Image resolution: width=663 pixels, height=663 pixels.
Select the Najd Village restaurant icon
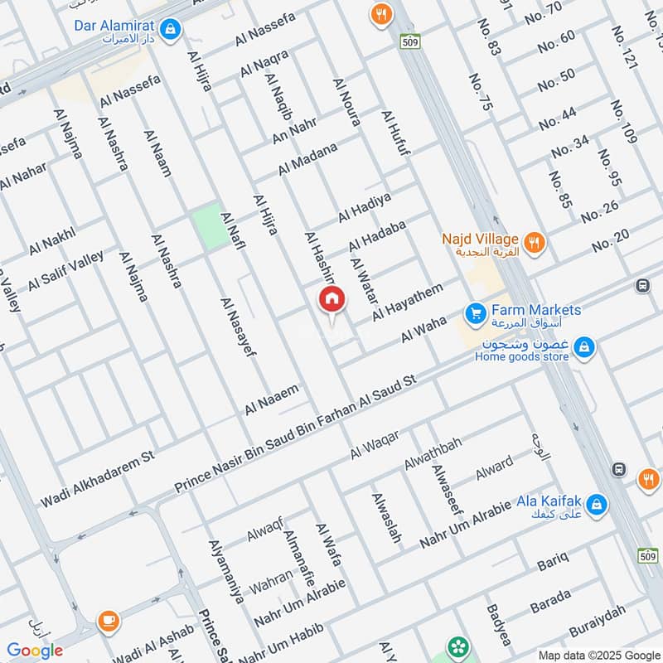tap(535, 243)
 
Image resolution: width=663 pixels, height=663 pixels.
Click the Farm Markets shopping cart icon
tap(475, 313)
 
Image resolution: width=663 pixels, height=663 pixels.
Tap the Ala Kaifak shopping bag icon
tap(598, 503)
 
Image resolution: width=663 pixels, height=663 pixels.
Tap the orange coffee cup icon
tap(108, 620)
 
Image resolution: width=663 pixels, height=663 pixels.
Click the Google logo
tap(35, 651)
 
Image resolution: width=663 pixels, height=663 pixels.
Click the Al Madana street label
tap(307, 158)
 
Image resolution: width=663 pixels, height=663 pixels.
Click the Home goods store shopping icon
tap(584, 346)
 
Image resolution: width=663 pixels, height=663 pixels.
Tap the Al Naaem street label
tap(271, 399)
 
